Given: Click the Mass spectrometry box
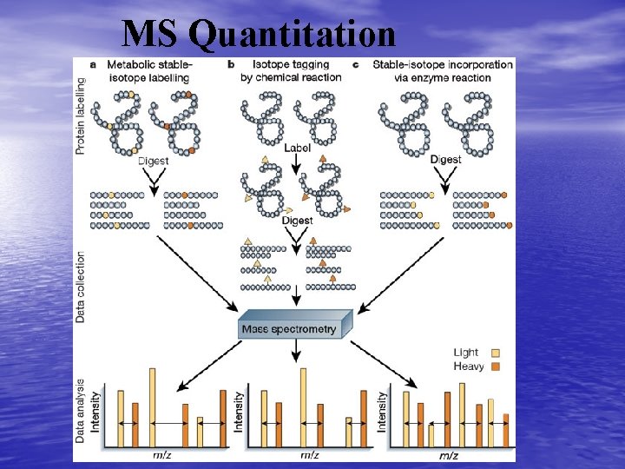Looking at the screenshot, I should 295,329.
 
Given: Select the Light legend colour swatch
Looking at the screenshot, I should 497,353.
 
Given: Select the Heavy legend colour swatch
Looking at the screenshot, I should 497,367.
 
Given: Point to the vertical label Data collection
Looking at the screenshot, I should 82,287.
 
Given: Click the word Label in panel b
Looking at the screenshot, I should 297,149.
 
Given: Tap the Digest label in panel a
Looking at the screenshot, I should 155,161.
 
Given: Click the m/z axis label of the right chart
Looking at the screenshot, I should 450,454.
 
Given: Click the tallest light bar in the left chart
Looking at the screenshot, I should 153,407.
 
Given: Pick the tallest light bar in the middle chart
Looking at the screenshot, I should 303,407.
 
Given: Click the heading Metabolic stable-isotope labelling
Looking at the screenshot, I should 149,71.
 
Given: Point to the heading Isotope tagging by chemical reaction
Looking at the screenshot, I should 296,71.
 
